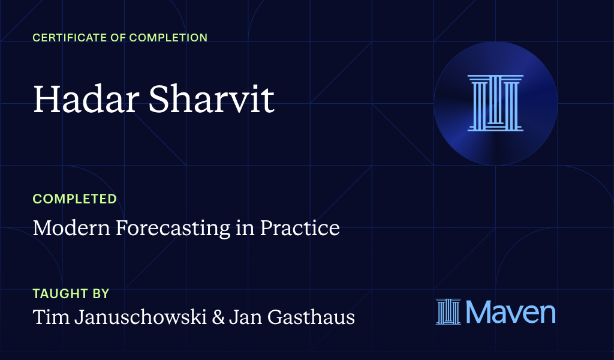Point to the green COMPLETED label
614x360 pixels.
(x=74, y=199)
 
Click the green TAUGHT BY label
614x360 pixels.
(x=71, y=294)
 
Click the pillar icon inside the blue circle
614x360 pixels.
(x=495, y=103)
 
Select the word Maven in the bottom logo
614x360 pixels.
(x=510, y=312)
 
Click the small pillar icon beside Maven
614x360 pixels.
(x=449, y=312)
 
